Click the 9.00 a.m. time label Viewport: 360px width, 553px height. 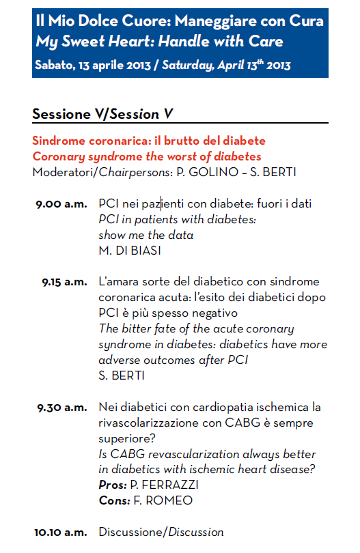click(x=61, y=203)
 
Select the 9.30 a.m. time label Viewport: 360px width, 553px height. click(x=62, y=408)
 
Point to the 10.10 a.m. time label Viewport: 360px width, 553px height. click(x=61, y=532)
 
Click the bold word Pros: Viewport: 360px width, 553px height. click(x=113, y=485)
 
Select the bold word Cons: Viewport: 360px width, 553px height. click(x=113, y=501)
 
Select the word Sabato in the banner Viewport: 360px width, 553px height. click(x=53, y=66)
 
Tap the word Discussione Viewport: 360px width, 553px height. click(x=132, y=532)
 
